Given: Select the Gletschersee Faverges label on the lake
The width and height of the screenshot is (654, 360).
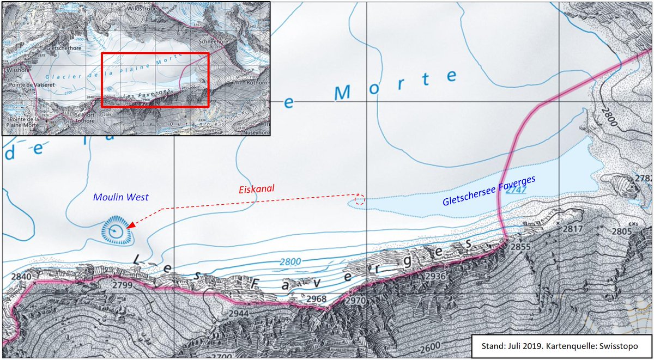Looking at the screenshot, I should click(x=489, y=191).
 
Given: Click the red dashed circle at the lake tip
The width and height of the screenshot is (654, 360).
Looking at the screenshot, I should click(x=359, y=200).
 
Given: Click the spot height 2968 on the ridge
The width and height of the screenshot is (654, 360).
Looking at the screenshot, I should click(x=316, y=299).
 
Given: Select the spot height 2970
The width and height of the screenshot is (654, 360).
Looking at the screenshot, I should click(x=355, y=300).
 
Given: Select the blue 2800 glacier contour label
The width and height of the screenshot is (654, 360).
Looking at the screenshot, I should click(x=290, y=262).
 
